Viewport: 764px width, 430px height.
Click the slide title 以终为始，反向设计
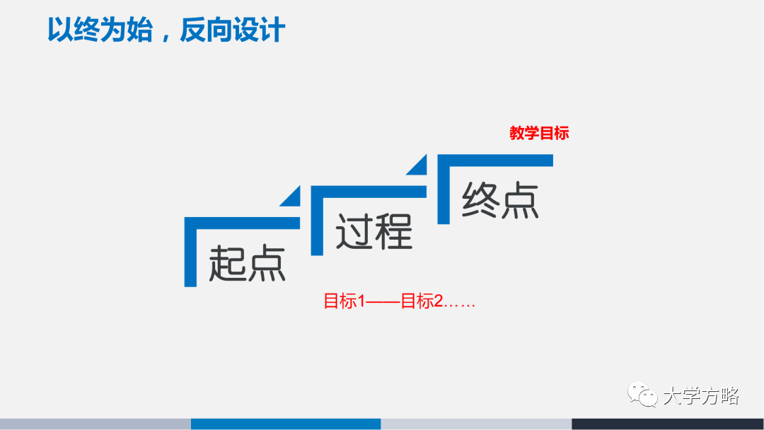click(166, 30)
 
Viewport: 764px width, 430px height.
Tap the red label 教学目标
click(539, 133)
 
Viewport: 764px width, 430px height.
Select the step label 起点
click(247, 264)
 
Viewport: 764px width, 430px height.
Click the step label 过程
click(374, 232)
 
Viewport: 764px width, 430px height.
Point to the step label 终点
click(500, 200)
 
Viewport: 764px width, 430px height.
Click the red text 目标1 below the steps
click(345, 301)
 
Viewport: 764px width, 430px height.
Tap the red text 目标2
click(422, 301)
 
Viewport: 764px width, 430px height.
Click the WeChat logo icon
click(642, 394)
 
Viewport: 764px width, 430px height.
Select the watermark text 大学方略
click(701, 396)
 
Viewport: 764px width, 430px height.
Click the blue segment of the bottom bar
click(286, 424)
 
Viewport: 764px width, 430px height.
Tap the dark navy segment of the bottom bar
click(668, 424)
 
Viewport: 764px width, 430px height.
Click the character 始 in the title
click(140, 30)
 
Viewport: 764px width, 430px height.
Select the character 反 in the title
click(193, 30)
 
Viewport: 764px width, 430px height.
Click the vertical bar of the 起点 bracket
click(190, 252)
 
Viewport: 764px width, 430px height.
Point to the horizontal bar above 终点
click(495, 161)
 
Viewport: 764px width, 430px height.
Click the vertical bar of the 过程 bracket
click(317, 221)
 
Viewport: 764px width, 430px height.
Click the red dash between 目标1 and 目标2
click(383, 302)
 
